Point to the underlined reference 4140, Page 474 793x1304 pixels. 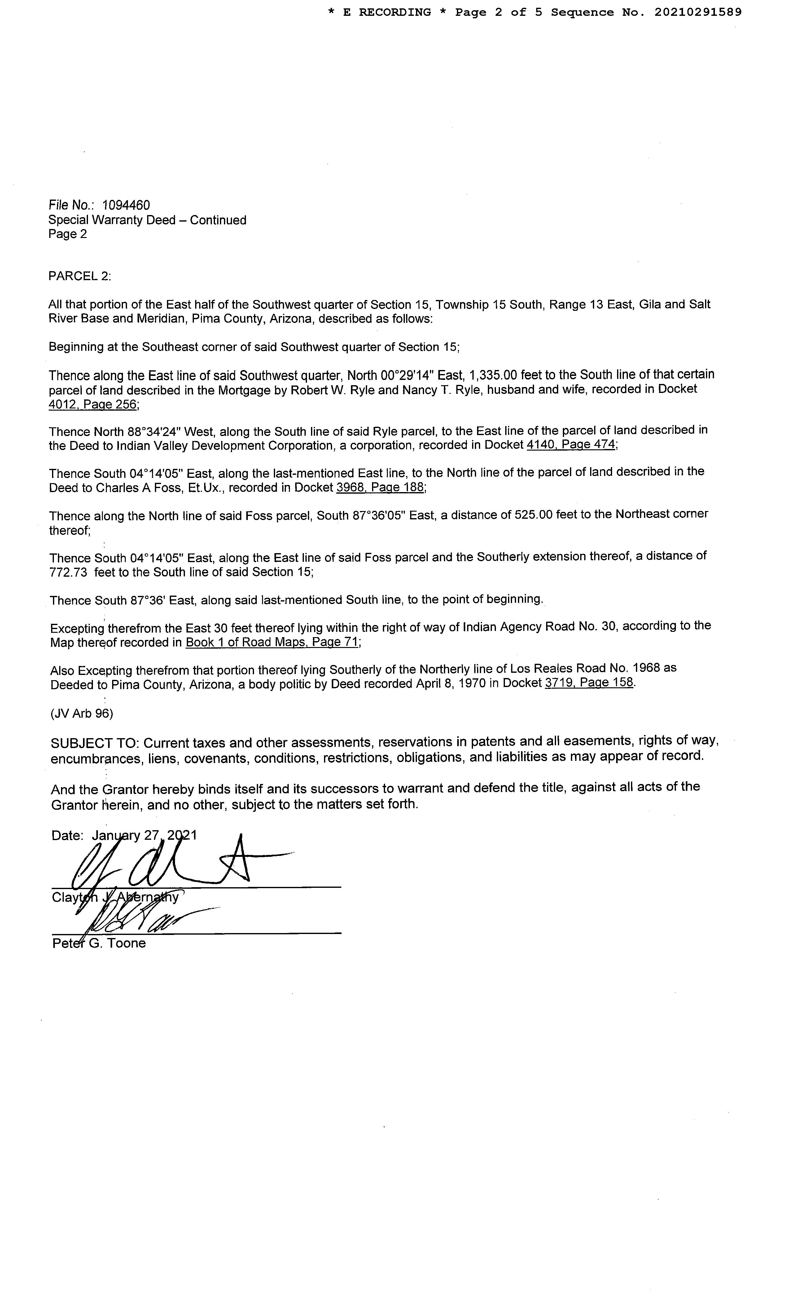pos(571,445)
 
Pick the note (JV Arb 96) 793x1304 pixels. pos(82,713)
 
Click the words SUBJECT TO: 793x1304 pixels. pos(95,743)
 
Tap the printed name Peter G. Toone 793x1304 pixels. pos(99,943)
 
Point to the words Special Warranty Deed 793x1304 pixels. pos(112,220)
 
